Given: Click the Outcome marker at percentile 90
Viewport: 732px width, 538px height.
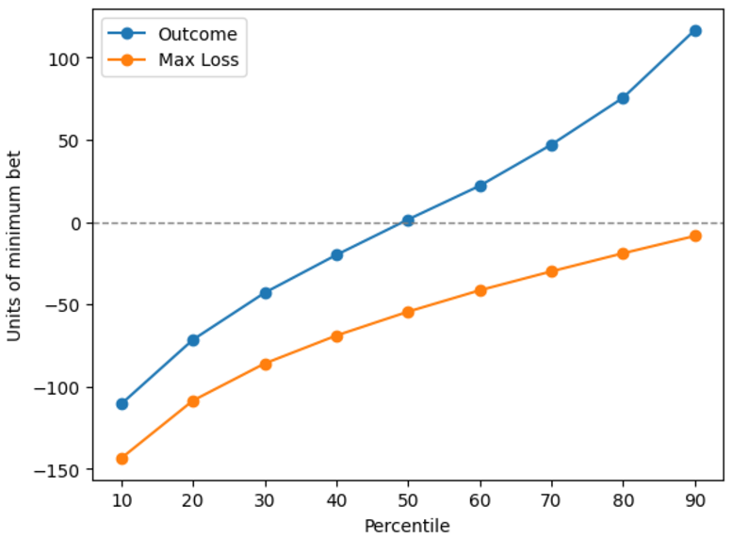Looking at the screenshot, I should point(695,31).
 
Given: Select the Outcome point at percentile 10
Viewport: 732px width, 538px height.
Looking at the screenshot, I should point(122,403).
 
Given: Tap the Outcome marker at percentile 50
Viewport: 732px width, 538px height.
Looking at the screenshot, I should point(408,220).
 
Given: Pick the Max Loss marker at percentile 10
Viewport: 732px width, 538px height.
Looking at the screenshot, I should point(122,459).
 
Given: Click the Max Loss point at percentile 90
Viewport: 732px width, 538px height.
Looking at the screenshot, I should point(695,236).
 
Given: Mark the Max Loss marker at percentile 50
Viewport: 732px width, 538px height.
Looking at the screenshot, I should point(408,312).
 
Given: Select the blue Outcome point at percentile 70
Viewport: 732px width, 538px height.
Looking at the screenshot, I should point(552,145).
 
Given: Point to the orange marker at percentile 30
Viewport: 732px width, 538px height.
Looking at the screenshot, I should point(266,364).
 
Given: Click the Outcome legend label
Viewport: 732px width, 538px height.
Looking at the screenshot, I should point(198,35).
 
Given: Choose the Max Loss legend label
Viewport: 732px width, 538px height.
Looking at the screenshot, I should point(200,61).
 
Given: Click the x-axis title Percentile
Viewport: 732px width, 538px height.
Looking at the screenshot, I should point(407,526).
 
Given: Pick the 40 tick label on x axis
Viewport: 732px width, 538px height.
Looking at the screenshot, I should point(336,499).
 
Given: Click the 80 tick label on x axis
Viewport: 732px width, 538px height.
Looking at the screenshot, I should point(623,499).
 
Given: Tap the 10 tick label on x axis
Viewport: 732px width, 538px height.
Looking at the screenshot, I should point(122,499).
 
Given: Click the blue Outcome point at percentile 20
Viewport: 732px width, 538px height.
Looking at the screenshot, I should point(193,340).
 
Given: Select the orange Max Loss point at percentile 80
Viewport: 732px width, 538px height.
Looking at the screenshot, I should point(623,253).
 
